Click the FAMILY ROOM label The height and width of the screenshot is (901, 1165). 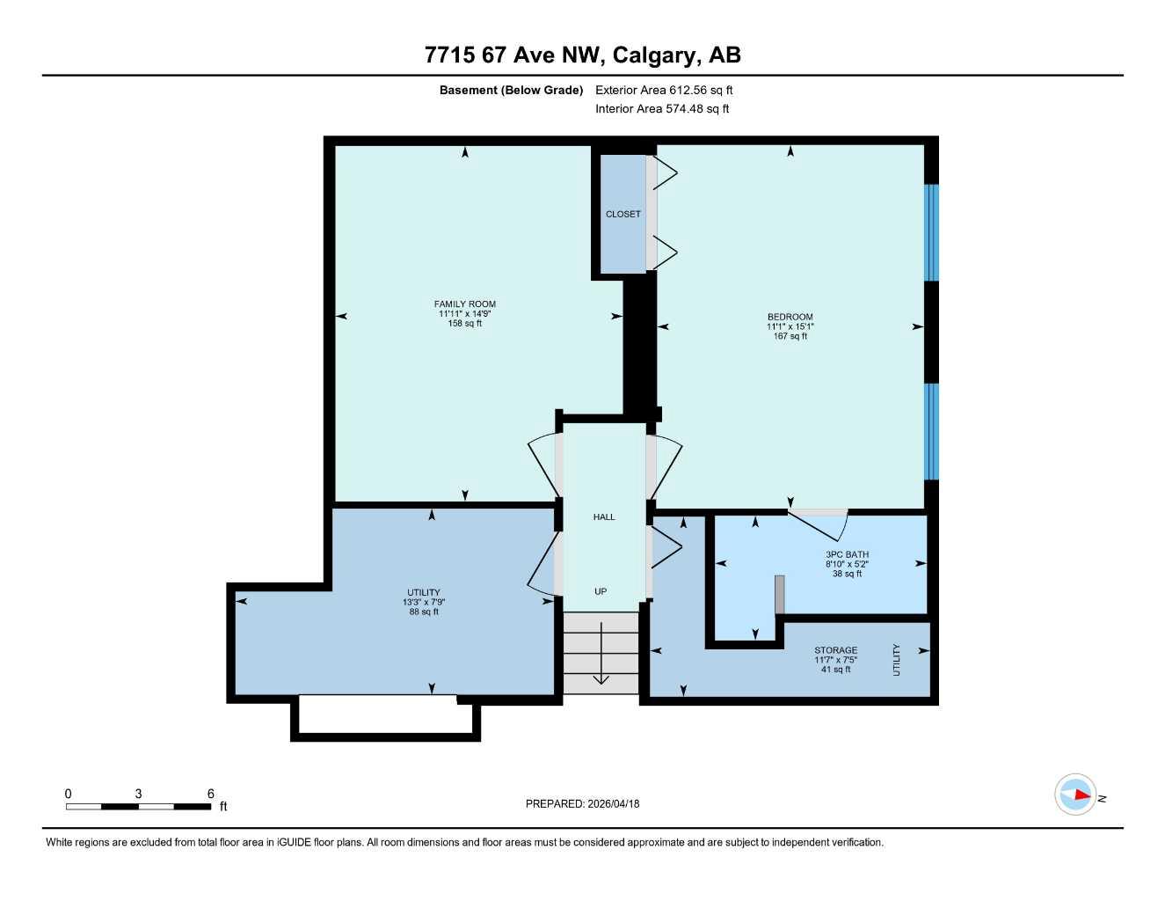click(x=464, y=304)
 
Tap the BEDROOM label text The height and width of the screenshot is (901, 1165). click(x=790, y=317)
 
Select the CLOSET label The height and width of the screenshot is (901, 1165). click(x=623, y=214)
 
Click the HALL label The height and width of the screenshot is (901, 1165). click(x=604, y=517)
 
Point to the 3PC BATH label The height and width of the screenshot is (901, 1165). click(x=847, y=554)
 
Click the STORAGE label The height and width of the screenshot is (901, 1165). click(x=835, y=650)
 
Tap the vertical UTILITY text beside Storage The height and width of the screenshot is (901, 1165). click(x=897, y=660)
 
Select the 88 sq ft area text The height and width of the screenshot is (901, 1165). click(x=424, y=612)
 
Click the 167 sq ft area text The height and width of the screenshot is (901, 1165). click(x=790, y=336)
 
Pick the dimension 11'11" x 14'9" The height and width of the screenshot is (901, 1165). click(x=464, y=314)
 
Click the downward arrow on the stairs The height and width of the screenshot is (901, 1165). click(x=601, y=656)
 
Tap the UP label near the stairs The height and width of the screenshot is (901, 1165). click(x=601, y=591)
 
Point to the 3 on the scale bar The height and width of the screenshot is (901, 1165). click(x=138, y=794)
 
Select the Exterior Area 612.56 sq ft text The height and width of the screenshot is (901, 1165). click(x=664, y=90)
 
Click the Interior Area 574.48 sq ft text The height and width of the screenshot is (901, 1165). click(x=662, y=109)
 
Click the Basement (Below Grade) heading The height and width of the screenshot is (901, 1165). click(x=511, y=90)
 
